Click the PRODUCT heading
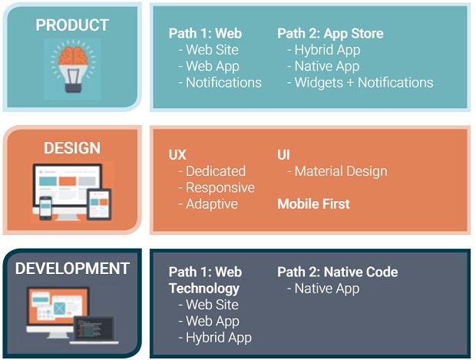72,25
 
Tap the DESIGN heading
72,148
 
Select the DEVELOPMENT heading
72,269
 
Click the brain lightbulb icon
73,67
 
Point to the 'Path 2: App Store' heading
330,34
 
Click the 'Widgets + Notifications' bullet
360,83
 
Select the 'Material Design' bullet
337,171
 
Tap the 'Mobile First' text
313,204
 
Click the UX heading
177,155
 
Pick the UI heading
283,155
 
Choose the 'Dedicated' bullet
212,171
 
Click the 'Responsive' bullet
217,188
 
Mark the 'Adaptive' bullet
208,204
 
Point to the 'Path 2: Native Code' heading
338,272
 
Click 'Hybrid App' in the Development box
215,338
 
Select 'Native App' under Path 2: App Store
323,67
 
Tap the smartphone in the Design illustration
45,208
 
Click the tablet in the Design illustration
99,204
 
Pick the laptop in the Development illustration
94,330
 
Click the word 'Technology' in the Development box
204,289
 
